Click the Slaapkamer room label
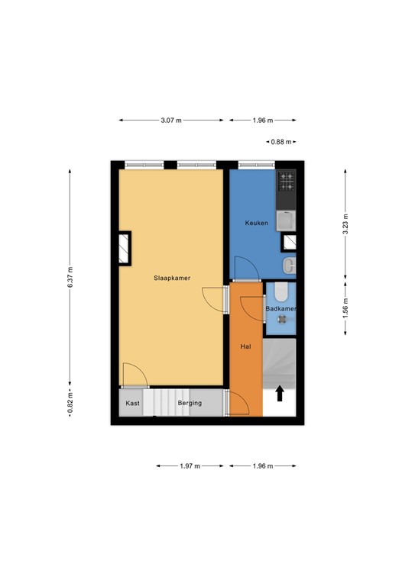click(171, 279)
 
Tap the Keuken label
click(255, 223)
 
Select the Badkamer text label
click(280, 308)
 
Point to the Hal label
click(245, 346)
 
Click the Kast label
click(133, 403)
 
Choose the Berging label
click(190, 403)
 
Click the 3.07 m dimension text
click(171, 121)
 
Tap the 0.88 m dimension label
click(280, 142)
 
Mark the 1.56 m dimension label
click(345, 307)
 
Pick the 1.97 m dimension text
click(190, 465)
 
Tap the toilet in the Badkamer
click(280, 291)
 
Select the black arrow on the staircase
click(280, 393)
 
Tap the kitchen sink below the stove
click(286, 220)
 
